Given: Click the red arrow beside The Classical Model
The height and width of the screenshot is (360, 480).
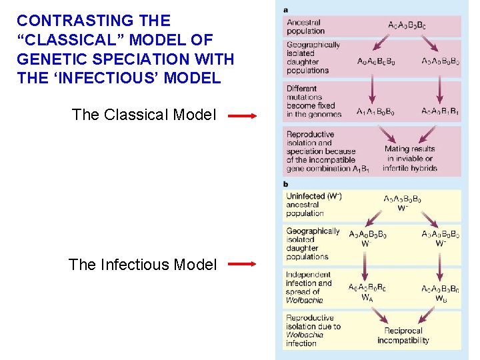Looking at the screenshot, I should (x=242, y=115).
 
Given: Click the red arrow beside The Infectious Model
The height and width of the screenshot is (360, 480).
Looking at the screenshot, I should (x=242, y=265).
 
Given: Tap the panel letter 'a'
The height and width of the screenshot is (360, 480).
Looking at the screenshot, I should (x=286, y=9).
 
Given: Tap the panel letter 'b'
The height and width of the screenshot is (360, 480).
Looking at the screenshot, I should (x=286, y=183).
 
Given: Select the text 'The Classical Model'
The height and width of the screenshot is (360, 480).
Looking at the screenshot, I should (x=144, y=115).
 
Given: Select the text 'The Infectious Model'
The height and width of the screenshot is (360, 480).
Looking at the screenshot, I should (x=143, y=265).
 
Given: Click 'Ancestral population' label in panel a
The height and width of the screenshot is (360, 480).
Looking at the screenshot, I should (x=305, y=27).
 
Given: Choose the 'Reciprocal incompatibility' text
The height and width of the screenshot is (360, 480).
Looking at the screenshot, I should (x=403, y=335).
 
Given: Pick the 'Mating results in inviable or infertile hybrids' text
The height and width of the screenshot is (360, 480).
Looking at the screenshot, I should (x=409, y=159).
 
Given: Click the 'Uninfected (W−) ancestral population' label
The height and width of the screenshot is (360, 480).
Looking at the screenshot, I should (x=314, y=205).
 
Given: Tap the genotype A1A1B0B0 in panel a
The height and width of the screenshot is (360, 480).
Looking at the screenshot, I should (x=375, y=111).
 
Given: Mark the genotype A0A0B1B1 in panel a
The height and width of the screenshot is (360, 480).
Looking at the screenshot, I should (x=440, y=111).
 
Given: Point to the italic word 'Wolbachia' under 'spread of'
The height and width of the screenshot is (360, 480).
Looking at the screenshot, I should (x=304, y=300).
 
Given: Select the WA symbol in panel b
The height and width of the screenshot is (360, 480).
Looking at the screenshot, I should (x=367, y=298).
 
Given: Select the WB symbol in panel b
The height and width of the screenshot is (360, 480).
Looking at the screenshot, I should (x=441, y=298).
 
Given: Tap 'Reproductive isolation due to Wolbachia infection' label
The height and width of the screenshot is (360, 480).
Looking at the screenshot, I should (x=313, y=331).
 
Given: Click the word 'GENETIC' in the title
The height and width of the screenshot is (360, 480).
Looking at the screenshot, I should (x=48, y=59).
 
